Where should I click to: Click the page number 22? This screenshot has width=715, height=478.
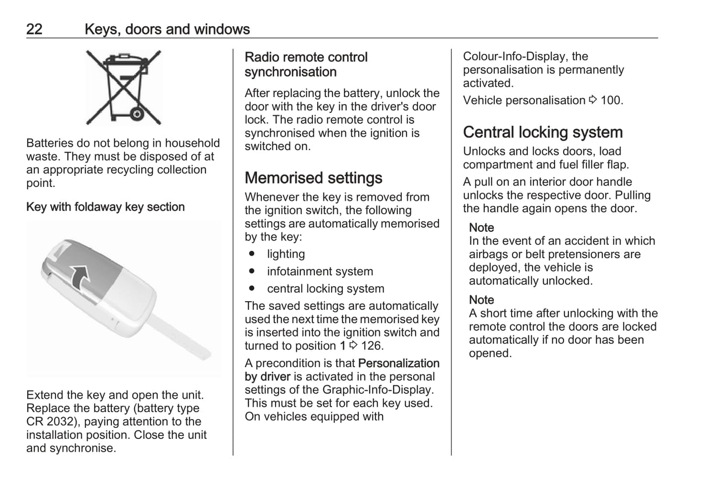coord(34,29)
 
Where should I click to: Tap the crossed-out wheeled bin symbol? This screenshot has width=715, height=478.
coord(124,87)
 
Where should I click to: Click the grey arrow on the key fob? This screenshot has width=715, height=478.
coord(80,276)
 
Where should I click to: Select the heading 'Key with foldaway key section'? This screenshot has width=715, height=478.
coord(105,207)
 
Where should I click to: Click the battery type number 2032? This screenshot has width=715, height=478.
coord(63,422)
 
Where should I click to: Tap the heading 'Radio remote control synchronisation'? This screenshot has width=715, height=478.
coord(306,64)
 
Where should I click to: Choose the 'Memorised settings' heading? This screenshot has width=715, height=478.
coord(313,178)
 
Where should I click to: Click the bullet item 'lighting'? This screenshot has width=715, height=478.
coord(286,254)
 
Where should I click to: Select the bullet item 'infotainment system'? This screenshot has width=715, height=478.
coord(320,271)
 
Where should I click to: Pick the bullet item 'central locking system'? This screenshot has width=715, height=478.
coord(326,289)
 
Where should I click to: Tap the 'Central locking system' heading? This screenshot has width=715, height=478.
coord(543,132)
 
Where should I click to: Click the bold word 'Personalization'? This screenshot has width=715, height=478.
coord(398,363)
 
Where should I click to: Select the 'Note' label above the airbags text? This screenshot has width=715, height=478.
coord(481,228)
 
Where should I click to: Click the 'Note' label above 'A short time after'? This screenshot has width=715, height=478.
coord(481,300)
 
